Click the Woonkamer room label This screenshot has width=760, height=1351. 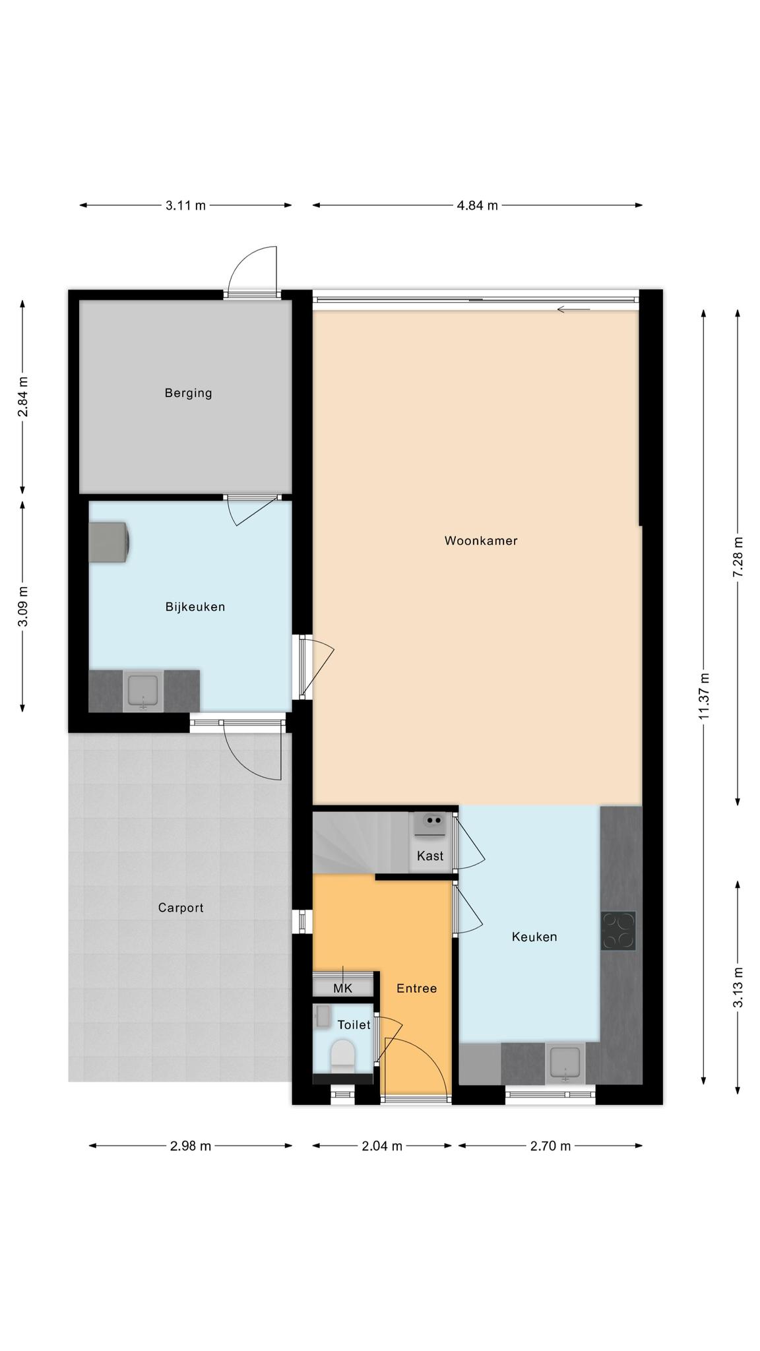tap(481, 541)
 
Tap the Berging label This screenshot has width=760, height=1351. tap(189, 393)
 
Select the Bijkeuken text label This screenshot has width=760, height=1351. tap(195, 607)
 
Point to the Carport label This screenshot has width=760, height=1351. tap(181, 908)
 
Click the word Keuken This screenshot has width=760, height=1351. tap(534, 937)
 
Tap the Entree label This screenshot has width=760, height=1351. tap(417, 988)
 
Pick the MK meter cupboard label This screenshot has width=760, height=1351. tap(343, 988)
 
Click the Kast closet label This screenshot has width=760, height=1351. tap(430, 856)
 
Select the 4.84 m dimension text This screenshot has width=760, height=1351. tap(478, 205)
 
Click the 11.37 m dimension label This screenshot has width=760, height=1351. tap(705, 696)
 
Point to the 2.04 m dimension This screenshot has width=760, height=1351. tap(382, 1146)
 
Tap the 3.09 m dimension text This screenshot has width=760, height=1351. tap(22, 606)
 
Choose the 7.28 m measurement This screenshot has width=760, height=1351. tap(738, 557)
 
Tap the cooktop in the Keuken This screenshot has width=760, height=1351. tap(618, 931)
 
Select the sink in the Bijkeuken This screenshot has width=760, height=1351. tap(143, 691)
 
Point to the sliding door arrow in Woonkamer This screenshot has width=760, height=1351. tap(573, 309)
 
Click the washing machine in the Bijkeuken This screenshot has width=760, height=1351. tap(110, 543)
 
